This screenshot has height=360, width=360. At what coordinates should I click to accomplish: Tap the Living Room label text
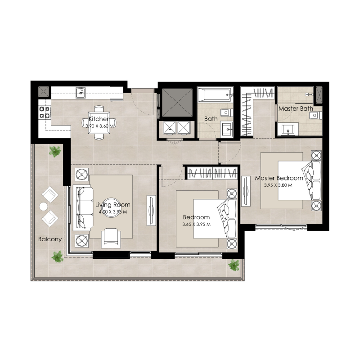113,205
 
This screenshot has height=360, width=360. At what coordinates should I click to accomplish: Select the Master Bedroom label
279,178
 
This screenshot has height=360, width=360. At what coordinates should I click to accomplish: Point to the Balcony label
49,239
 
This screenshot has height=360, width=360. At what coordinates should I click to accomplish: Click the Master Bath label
296,109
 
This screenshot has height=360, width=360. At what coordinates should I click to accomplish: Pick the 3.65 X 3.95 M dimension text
197,224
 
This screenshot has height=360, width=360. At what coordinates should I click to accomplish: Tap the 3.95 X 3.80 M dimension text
278,185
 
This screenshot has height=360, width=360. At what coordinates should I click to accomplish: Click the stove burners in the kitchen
44,112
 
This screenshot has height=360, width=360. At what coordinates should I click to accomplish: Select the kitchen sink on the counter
81,93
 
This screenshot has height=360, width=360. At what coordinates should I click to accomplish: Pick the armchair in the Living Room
111,238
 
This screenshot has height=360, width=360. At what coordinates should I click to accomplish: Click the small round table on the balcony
43,207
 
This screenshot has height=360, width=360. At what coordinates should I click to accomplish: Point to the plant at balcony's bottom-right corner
234,265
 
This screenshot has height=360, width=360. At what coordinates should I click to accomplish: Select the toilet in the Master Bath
314,116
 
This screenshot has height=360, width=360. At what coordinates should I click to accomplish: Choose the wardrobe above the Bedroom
211,173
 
